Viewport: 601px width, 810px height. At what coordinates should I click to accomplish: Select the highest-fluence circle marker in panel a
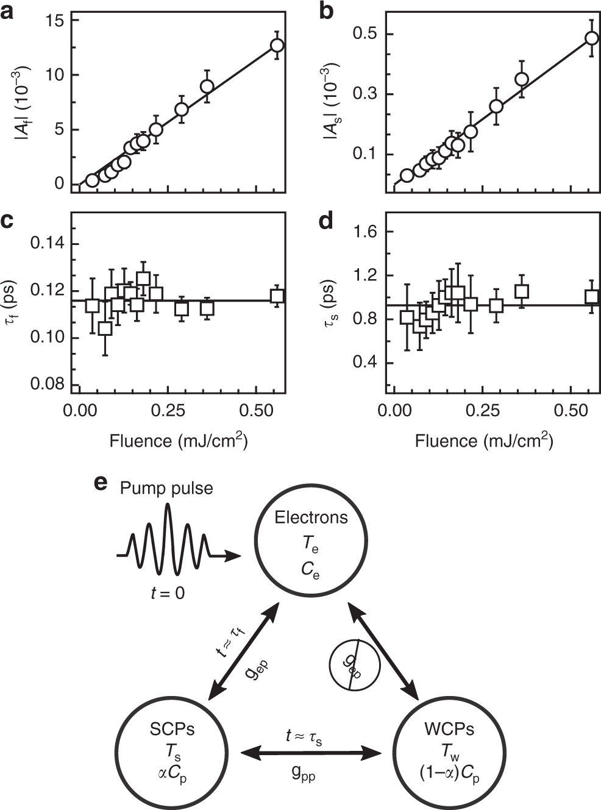pos(277,45)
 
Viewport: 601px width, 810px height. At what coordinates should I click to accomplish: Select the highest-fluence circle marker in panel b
pos(591,38)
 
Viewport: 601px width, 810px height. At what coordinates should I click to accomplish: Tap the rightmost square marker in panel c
pos(277,296)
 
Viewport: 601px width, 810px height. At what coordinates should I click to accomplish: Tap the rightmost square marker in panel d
pos(591,297)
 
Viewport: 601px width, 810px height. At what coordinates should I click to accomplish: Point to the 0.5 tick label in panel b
pos(365,34)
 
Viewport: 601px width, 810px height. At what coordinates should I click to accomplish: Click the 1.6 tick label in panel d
pos(365,232)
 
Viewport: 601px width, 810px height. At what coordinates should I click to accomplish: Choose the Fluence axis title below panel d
pos(484,441)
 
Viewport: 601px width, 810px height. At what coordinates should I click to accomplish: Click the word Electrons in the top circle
pos(311,517)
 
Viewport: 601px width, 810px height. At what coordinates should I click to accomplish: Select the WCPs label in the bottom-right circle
pos(449,729)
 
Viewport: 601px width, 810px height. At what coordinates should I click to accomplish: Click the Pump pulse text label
pos(166,488)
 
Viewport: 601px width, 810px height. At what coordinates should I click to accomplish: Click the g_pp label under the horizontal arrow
pos(303,774)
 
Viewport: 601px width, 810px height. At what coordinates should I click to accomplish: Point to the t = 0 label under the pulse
pos(168,592)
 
